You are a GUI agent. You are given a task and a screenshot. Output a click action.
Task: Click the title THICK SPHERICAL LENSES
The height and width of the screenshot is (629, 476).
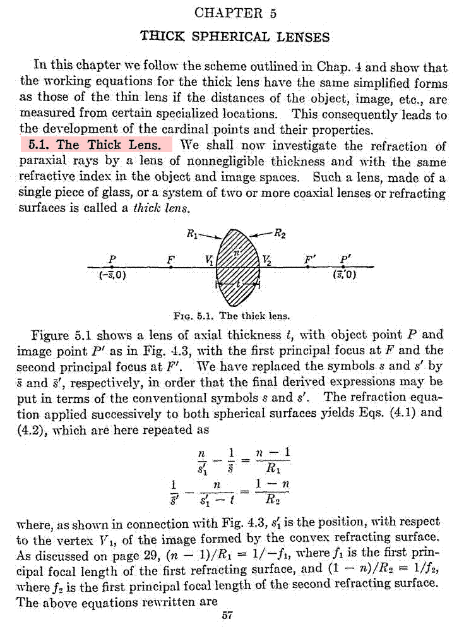[x=235, y=36]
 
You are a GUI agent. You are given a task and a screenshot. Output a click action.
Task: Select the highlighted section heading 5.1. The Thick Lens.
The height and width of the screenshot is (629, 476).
[x=96, y=145]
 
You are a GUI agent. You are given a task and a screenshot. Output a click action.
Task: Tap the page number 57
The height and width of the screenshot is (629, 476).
[x=228, y=616]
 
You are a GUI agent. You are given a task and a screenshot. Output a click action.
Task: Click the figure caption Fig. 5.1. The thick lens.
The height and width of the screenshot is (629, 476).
[x=235, y=315]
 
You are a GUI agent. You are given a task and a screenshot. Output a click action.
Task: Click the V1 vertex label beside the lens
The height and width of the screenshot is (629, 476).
[x=210, y=259]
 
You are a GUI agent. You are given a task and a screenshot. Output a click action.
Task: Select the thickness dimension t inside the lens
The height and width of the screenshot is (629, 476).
[x=237, y=285]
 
